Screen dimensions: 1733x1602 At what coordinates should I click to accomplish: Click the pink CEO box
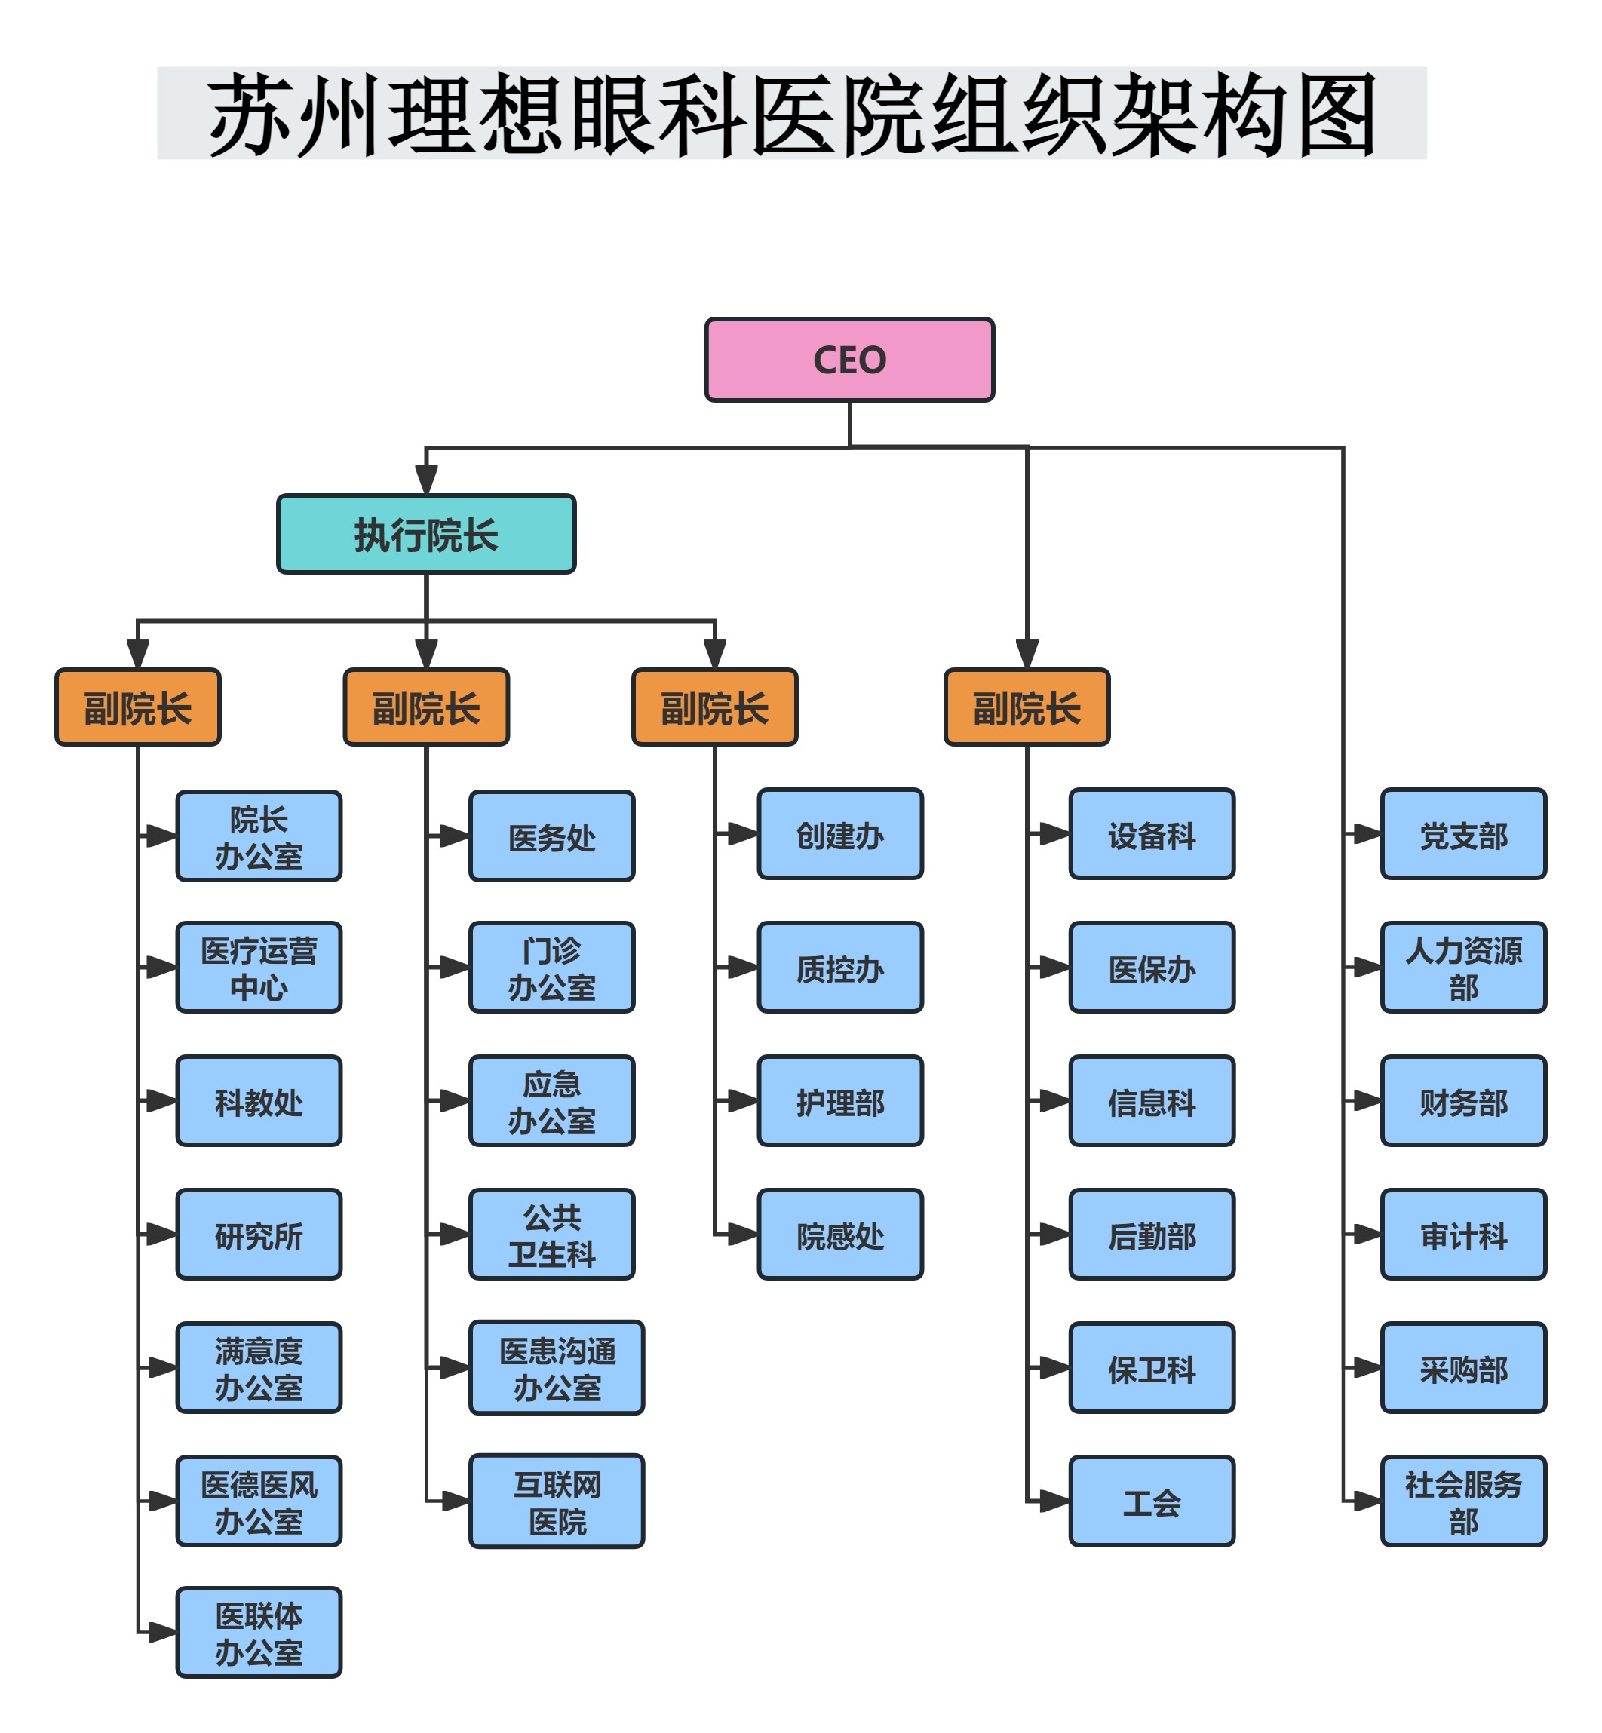(849, 360)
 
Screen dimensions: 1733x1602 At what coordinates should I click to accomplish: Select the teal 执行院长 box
(425, 534)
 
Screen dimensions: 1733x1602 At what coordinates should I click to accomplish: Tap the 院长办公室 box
(259, 836)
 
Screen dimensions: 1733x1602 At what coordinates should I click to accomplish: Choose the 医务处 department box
(551, 836)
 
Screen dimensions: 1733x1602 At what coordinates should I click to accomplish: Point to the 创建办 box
(839, 834)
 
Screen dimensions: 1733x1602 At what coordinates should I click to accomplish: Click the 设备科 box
(1151, 834)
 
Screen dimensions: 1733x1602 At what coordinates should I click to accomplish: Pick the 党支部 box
(1462, 834)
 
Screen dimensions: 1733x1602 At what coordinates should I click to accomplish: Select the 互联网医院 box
(557, 1501)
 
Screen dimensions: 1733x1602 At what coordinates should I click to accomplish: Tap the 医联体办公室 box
(259, 1633)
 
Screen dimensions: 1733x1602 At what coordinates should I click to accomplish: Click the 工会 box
(1151, 1501)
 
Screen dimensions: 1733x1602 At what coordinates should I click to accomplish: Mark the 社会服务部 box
(1462, 1501)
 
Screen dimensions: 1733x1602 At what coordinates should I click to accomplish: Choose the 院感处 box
(839, 1234)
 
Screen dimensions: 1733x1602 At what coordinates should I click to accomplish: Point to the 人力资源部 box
(1462, 967)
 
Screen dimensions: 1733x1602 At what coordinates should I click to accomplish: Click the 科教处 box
(259, 1100)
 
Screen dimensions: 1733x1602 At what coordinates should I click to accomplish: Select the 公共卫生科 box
(551, 1234)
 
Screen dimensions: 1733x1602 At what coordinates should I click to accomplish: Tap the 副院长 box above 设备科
(1027, 707)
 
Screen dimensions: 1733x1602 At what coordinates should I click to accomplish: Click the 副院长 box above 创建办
(714, 707)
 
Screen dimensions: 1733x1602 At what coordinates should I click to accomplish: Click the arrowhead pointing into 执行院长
(425, 480)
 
